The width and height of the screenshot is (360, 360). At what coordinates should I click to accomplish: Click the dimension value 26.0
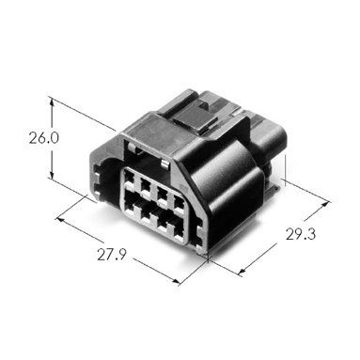point(44,137)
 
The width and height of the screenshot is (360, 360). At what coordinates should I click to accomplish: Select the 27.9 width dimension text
point(111,254)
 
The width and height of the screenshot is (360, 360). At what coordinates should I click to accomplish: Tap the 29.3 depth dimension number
point(301,234)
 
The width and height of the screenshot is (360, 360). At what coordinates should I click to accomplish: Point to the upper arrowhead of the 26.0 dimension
point(52,102)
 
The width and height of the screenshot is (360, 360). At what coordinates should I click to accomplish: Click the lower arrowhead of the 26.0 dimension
point(52,174)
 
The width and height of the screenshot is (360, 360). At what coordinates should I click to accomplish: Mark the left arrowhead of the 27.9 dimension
point(60,219)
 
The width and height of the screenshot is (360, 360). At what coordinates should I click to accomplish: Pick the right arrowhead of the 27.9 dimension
point(174,281)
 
